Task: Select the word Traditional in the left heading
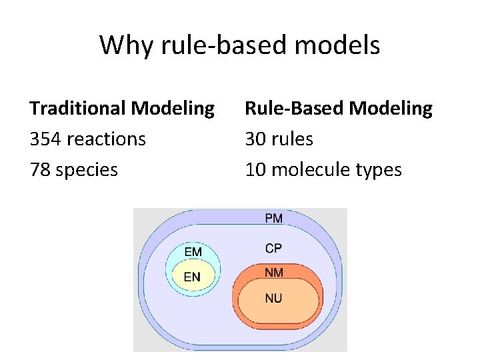[78, 108]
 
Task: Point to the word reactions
[107, 139]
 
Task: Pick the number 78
[39, 169]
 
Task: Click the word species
[87, 169]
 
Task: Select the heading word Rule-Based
[291, 108]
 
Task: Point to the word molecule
[310, 169]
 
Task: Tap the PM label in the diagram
[273, 218]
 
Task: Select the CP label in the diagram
[273, 248]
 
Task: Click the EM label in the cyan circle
[193, 251]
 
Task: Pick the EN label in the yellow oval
[192, 276]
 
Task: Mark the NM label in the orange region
[273, 273]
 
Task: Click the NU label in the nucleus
[273, 298]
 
